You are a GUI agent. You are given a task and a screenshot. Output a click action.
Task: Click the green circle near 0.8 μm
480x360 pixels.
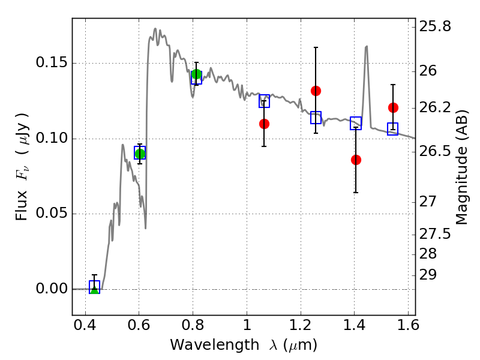tap(197, 74)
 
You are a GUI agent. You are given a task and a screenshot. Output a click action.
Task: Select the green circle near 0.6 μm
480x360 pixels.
tap(140, 154)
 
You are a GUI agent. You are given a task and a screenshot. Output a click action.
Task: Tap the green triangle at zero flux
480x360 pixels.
tap(95, 290)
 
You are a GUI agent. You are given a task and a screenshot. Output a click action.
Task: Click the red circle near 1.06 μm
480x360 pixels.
tap(264, 124)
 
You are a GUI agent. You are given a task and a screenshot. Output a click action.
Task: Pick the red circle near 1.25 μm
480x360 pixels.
tap(316, 91)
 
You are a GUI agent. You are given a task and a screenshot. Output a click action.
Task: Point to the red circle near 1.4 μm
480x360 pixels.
tap(356, 160)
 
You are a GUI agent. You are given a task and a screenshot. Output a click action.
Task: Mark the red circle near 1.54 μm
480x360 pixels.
tap(394, 108)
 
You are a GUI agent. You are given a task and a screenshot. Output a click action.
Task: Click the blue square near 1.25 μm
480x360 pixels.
tap(316, 118)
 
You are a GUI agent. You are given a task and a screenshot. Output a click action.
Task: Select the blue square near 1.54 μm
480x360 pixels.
tap(393, 129)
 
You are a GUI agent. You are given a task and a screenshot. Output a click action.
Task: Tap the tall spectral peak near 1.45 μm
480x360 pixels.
tap(366, 47)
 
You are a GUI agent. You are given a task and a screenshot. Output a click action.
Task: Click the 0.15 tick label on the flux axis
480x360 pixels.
tap(51, 63)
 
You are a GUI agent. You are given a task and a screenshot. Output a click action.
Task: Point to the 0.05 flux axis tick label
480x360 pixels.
tap(51, 213)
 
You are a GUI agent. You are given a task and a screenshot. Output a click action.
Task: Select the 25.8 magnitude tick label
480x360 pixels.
tap(435, 26)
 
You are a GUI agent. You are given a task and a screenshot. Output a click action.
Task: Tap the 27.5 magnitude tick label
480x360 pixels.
tap(435, 234)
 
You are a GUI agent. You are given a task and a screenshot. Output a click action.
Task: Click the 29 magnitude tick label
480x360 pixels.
tap(428, 275)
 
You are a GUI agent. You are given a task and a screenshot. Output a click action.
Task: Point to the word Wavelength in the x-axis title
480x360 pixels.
tap(215, 346)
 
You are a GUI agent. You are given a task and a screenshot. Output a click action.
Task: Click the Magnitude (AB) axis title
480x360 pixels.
tap(462, 167)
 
